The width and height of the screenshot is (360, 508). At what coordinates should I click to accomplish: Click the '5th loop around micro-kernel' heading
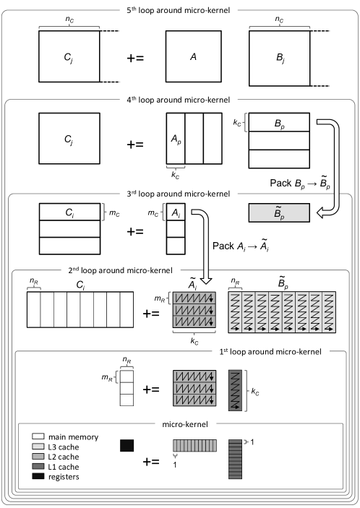pos(179,10)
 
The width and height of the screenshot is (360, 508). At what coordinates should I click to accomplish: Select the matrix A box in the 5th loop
pos(194,56)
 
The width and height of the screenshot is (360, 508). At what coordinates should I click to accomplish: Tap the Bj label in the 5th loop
pos(280,58)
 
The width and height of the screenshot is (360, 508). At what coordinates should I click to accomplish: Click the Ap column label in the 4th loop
pos(176,139)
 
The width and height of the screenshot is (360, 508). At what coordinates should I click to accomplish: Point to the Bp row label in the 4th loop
pos(279,124)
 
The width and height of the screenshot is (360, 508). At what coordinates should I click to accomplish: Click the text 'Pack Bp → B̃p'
pos(300,183)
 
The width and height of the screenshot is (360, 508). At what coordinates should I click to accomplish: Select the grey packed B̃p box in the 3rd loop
pos(279,213)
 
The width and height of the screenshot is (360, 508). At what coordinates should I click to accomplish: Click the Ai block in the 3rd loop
pos(176,212)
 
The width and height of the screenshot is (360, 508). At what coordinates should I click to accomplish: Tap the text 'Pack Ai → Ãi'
pos(241,246)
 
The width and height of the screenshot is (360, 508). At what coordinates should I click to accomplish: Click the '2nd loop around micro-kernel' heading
pos(120,270)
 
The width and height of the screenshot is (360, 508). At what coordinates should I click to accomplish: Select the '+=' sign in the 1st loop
pos(151,389)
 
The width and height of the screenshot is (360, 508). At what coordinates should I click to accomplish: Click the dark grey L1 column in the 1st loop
pos(235,390)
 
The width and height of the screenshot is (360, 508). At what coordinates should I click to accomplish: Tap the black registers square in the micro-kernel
pos(127,445)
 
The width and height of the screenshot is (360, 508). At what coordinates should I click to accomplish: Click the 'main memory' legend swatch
pos(38,436)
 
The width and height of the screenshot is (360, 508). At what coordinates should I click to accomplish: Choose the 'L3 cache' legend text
pos(64,447)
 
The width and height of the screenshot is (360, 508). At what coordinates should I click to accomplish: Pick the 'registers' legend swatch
pos(38,476)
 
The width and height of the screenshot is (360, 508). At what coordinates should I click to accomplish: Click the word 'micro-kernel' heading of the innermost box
pos(185,424)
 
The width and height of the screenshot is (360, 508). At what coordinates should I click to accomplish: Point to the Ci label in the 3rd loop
pos(70,212)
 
